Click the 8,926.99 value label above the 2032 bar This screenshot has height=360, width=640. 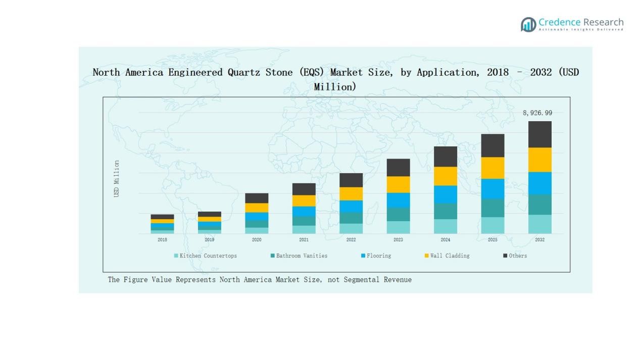pos(537,113)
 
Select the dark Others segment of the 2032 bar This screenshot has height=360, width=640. pos(539,134)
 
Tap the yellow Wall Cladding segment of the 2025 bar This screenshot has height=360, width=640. pos(493,168)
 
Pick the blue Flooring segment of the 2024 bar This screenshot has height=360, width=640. pos(445,194)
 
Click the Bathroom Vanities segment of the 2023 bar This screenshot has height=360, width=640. pos(398,214)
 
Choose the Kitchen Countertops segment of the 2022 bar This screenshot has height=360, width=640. pos(351,228)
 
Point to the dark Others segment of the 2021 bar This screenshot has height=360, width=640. pos(304,189)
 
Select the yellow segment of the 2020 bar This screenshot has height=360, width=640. pos(257,208)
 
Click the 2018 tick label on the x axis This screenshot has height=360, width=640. pos(162,240)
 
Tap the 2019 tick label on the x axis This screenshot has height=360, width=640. pos(209,240)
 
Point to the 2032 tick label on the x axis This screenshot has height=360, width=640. pos(539,240)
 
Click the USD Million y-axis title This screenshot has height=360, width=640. pos(117,179)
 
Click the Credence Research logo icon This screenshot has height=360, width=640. pos(528,24)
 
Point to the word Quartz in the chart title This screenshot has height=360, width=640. pos(244,72)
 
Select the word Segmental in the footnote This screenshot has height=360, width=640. pos(362,280)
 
